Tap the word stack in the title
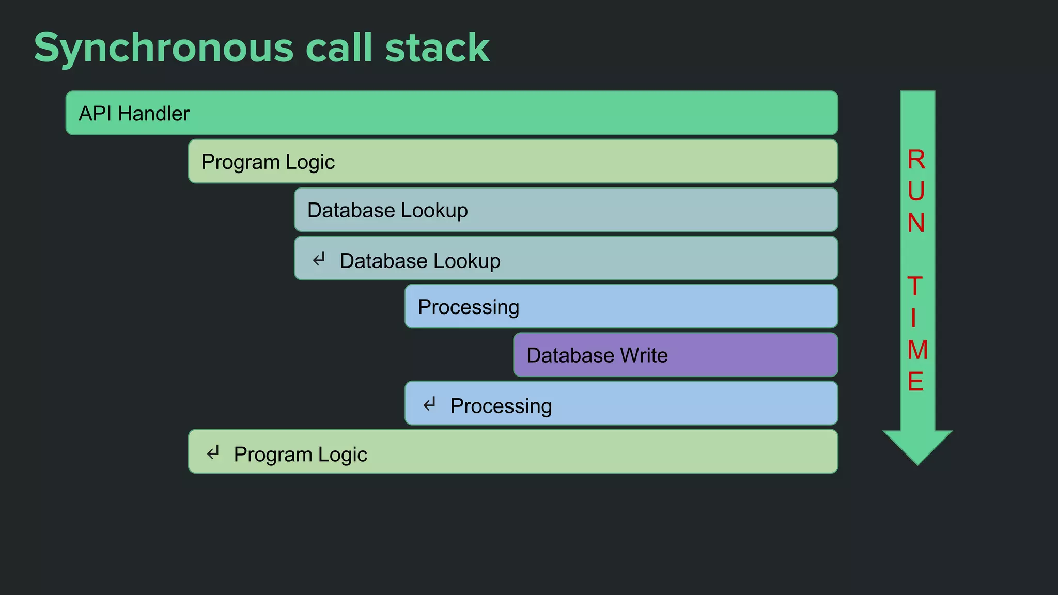[x=437, y=48]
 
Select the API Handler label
[x=134, y=114]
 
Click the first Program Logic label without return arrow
[x=268, y=162]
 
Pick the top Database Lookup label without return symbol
[x=387, y=211]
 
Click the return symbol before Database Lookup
[x=319, y=259]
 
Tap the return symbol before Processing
[x=430, y=404]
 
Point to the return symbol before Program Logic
[x=213, y=453]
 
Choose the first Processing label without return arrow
[x=468, y=307]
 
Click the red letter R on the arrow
[x=916, y=160]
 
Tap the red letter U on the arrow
[x=916, y=192]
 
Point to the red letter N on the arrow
[x=916, y=223]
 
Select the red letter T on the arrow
[x=915, y=287]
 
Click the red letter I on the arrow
[x=913, y=318]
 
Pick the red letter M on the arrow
[x=917, y=350]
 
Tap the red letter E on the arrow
[x=915, y=382]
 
